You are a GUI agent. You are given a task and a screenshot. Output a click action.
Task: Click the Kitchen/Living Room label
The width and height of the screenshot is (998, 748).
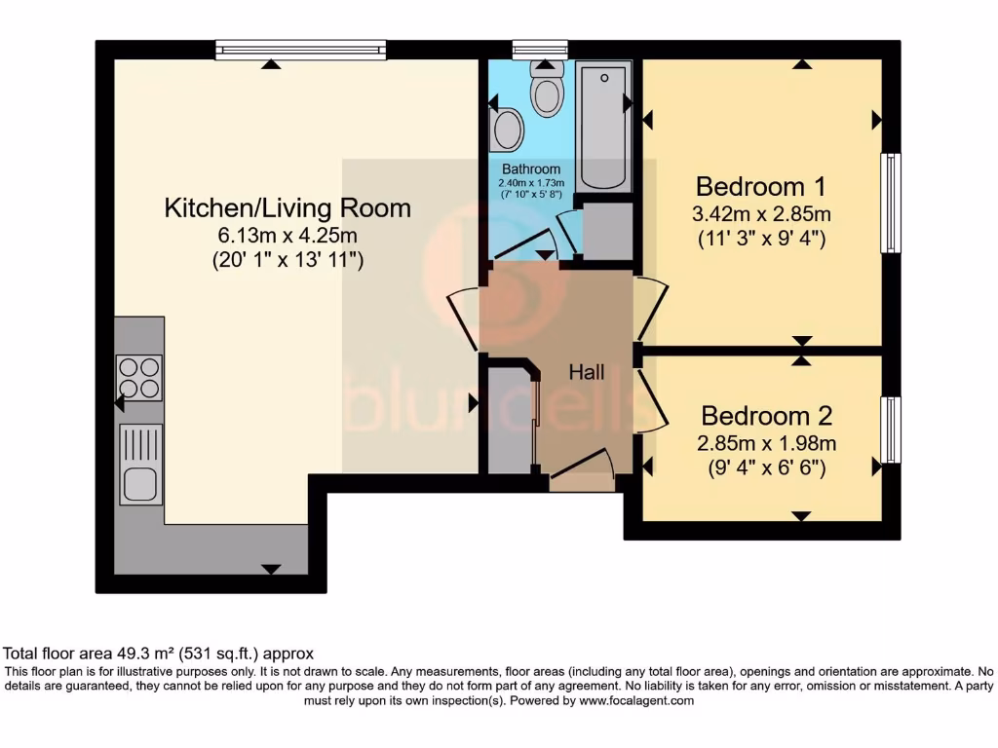point(288,207)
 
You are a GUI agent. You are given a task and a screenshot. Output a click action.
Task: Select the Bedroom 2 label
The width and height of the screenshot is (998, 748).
point(767,416)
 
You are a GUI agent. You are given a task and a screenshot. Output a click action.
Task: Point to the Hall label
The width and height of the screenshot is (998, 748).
point(587,372)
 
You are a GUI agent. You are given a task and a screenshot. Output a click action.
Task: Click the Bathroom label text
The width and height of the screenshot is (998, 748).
point(531,169)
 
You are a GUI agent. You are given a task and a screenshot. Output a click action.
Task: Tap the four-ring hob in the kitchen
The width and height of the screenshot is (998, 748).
point(138,378)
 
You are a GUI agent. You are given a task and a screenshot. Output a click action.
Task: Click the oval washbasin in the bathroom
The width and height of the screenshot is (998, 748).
point(507,130)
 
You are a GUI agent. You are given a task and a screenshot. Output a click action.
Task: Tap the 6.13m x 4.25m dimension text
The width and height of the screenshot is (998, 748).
point(288,235)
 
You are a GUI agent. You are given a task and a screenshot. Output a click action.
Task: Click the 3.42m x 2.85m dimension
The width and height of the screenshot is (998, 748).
point(761,214)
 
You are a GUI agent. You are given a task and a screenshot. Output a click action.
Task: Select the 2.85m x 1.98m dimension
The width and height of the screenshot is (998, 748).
point(767,443)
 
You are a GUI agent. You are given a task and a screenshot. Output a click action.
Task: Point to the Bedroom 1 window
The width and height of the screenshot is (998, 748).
point(890,203)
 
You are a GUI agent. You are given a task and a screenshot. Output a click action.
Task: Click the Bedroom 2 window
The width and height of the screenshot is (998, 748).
point(890,430)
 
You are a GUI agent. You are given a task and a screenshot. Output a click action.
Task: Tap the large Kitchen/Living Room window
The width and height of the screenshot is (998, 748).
point(300,50)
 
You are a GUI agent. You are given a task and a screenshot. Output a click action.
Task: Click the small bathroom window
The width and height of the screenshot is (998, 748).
point(540,50)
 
